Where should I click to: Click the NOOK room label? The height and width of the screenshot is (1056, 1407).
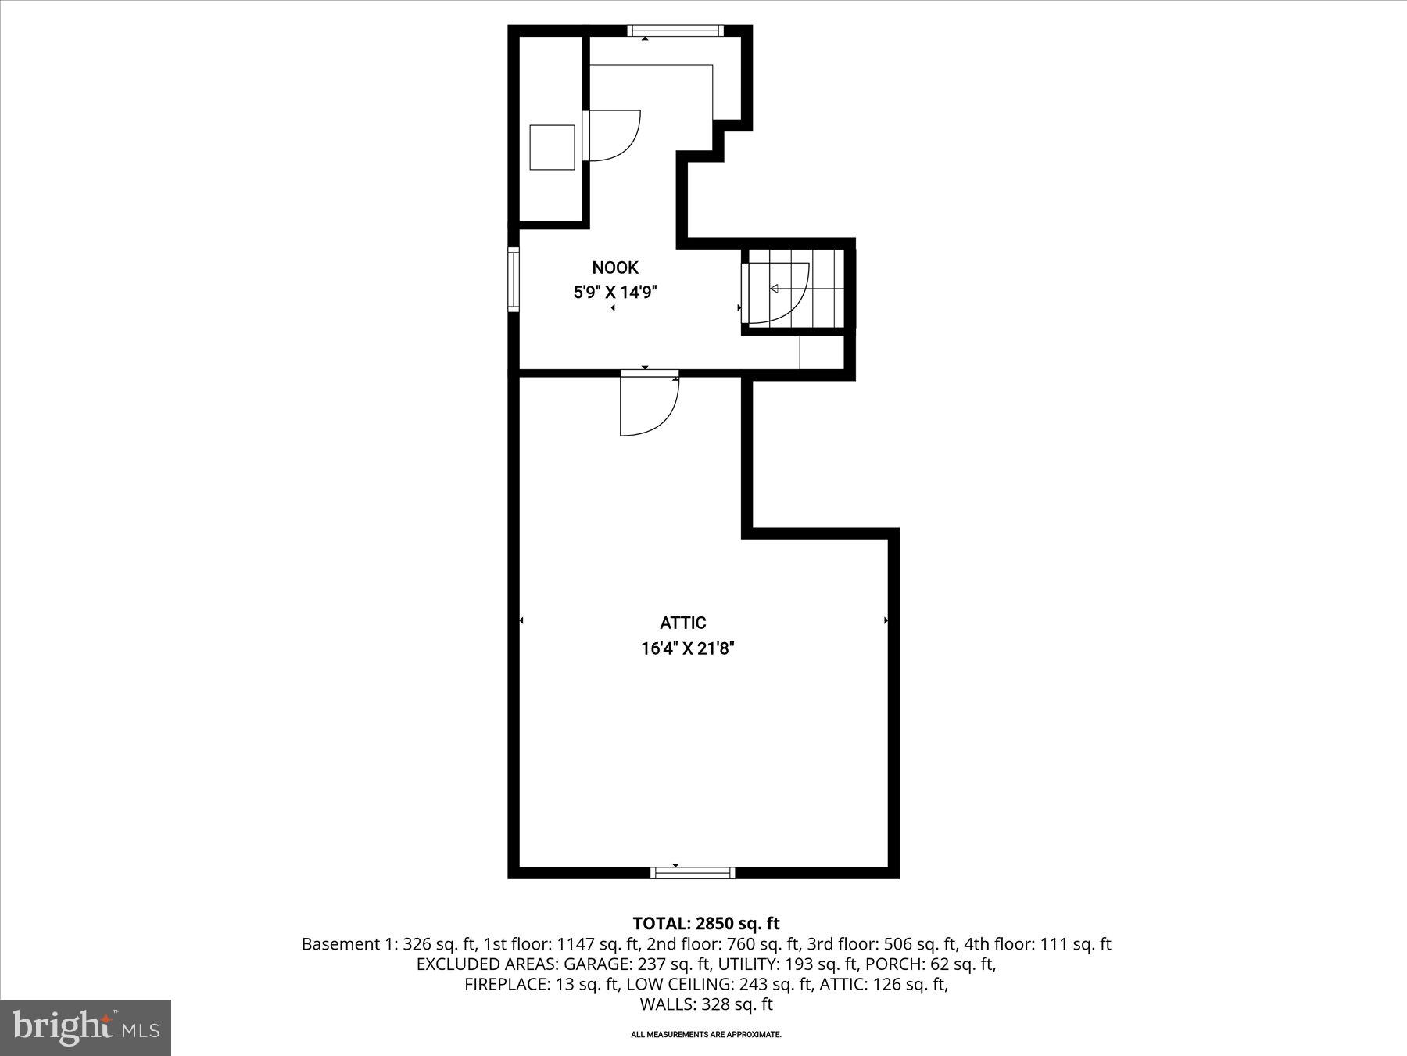tap(615, 268)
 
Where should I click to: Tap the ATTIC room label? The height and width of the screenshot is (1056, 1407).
tap(683, 623)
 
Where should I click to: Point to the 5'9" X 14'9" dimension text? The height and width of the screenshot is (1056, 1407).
tap(615, 293)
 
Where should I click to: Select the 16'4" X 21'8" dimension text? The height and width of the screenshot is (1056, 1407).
tap(688, 648)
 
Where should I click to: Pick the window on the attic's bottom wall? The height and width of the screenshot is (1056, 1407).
tap(693, 872)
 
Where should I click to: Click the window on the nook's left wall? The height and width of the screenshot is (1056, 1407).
tap(514, 279)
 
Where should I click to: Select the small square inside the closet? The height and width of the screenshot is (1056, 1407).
tap(552, 147)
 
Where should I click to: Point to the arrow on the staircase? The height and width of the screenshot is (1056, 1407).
tap(775, 289)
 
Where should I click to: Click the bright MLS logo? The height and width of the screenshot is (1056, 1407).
tap(86, 1027)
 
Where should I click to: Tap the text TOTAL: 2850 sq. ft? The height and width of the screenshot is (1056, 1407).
tap(706, 924)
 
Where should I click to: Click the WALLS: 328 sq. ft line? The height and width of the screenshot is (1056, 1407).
tap(706, 1004)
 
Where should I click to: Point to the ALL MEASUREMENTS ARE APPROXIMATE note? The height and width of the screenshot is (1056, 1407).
tap(706, 1034)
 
